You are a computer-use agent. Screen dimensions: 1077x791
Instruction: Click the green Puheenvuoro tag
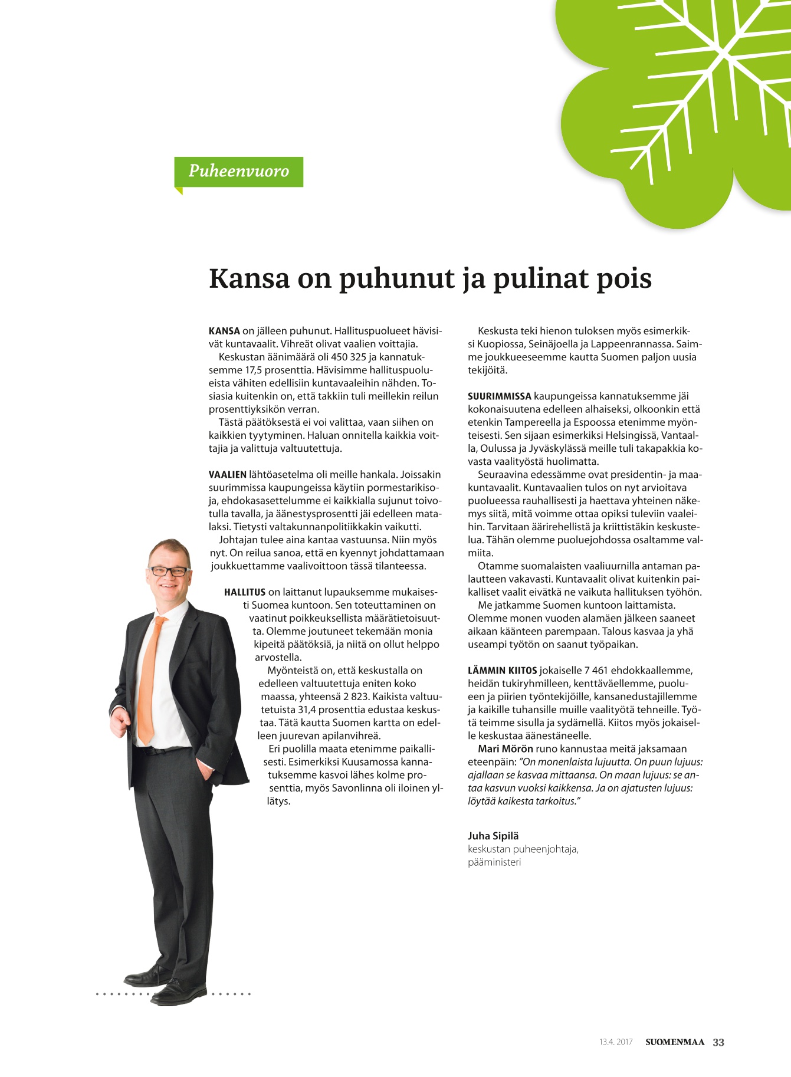click(238, 172)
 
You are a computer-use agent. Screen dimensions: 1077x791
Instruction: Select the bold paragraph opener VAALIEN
click(227, 475)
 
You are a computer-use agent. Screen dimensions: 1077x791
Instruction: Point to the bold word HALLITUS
click(244, 592)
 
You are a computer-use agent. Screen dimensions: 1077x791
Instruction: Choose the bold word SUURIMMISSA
click(499, 396)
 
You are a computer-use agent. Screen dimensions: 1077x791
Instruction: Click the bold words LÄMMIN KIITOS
click(502, 671)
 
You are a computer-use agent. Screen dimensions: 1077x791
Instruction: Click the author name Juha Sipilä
click(493, 836)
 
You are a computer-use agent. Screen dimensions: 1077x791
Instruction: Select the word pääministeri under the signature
click(494, 862)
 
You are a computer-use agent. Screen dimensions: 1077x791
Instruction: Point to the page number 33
click(718, 1042)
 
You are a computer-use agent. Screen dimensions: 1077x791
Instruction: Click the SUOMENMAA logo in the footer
click(675, 1042)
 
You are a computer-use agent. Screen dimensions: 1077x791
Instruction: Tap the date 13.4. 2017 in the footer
click(616, 1042)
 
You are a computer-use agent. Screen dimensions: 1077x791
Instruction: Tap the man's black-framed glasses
click(169, 571)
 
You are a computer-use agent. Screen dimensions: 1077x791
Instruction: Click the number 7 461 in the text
click(596, 671)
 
